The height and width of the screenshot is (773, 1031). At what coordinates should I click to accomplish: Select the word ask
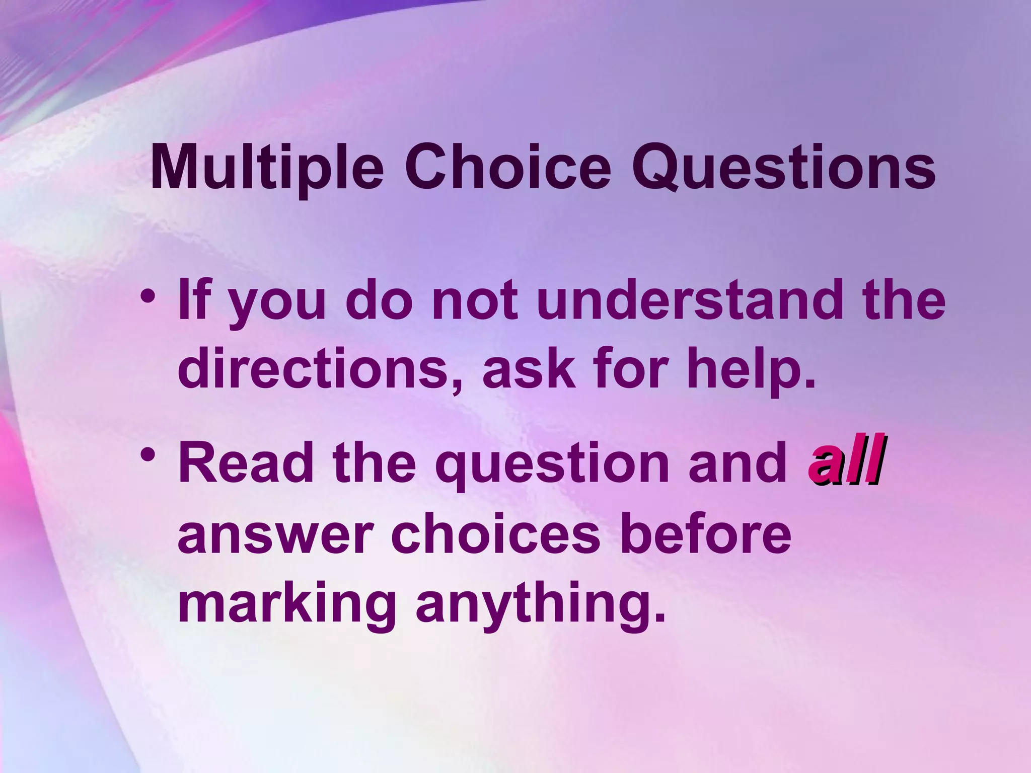pos(529,370)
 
